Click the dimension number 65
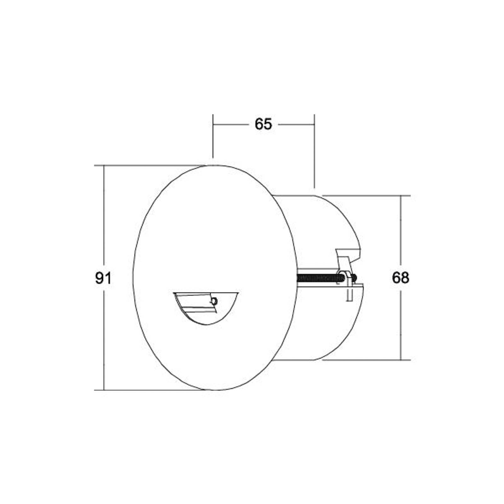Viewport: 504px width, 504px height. tap(263, 124)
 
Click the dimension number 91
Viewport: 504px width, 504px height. tap(103, 278)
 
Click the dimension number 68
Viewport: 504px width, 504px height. tap(400, 278)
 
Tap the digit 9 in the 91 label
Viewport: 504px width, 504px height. tap(99, 278)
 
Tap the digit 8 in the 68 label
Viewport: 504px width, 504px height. tap(405, 278)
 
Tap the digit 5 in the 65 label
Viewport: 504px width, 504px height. tap(267, 124)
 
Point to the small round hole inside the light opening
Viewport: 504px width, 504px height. tap(214, 301)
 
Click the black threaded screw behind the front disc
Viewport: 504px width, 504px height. tap(318, 278)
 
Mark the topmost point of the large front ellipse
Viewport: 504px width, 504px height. tap(214, 165)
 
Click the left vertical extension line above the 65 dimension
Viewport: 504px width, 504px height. tap(213, 135)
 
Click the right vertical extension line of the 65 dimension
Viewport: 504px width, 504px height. tap(314, 151)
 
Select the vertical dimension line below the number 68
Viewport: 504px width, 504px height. tap(401, 324)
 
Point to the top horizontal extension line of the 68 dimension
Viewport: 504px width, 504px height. tap(365, 196)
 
